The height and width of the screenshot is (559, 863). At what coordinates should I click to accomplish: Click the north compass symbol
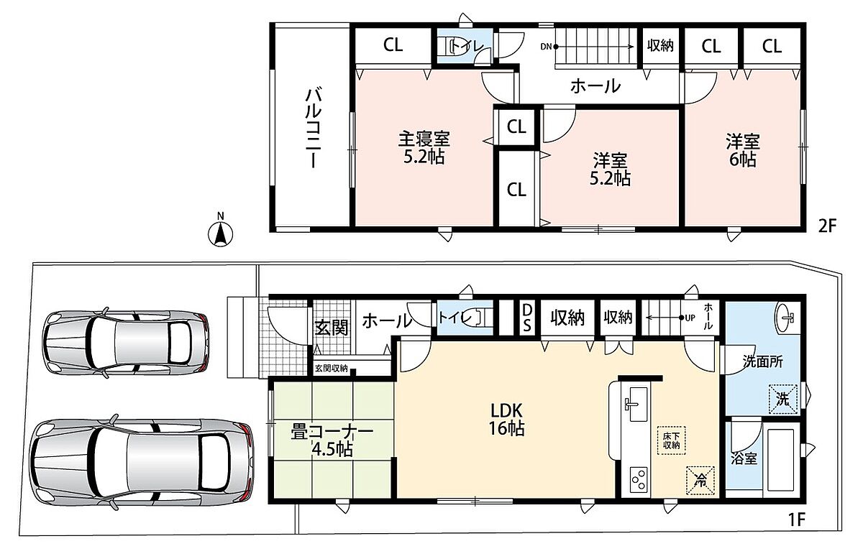[220, 232]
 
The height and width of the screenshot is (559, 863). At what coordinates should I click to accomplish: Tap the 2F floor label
[828, 226]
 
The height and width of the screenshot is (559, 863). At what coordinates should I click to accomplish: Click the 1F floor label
[796, 519]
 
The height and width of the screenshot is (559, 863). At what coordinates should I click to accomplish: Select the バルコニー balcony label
[314, 128]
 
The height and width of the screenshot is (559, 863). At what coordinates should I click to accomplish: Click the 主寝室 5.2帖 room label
[424, 147]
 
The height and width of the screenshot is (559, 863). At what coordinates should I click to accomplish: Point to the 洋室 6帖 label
[742, 150]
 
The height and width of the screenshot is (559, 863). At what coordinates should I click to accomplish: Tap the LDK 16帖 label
[506, 420]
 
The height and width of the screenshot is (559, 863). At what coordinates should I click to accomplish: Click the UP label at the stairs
[690, 318]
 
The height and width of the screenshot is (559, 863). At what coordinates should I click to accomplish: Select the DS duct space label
[526, 318]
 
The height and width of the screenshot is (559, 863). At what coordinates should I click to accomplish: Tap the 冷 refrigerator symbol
[700, 481]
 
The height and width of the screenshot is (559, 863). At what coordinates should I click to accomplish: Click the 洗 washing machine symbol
[783, 399]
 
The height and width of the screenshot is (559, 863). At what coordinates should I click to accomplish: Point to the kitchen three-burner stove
[639, 480]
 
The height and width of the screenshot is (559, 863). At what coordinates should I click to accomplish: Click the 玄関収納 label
[332, 369]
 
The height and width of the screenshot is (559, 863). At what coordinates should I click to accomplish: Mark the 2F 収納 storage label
[660, 46]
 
